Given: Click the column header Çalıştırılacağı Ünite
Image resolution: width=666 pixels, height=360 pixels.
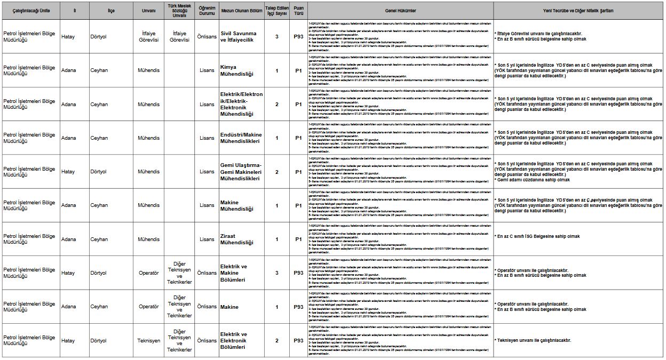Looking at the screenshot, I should (31, 11).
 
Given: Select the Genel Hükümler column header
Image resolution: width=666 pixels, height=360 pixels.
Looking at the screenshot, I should (400, 11).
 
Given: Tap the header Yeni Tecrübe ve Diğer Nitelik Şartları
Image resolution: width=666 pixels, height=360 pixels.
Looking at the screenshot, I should (578, 11).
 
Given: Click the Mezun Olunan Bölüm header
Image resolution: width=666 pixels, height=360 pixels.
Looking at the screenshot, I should (241, 11).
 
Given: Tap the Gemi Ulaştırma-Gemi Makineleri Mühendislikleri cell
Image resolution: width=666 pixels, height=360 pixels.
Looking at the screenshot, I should (241, 172).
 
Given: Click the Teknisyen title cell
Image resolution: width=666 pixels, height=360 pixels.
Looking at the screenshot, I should (148, 340).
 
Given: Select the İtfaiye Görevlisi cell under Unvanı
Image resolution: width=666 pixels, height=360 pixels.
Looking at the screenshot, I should (148, 37).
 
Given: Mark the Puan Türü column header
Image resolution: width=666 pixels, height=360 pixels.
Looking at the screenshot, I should (298, 11).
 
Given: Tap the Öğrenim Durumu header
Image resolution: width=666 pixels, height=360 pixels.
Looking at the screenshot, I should (207, 11).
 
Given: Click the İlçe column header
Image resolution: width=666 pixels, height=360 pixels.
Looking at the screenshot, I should (111, 11).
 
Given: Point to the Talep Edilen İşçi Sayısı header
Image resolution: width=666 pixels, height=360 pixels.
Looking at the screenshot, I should (277, 11).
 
